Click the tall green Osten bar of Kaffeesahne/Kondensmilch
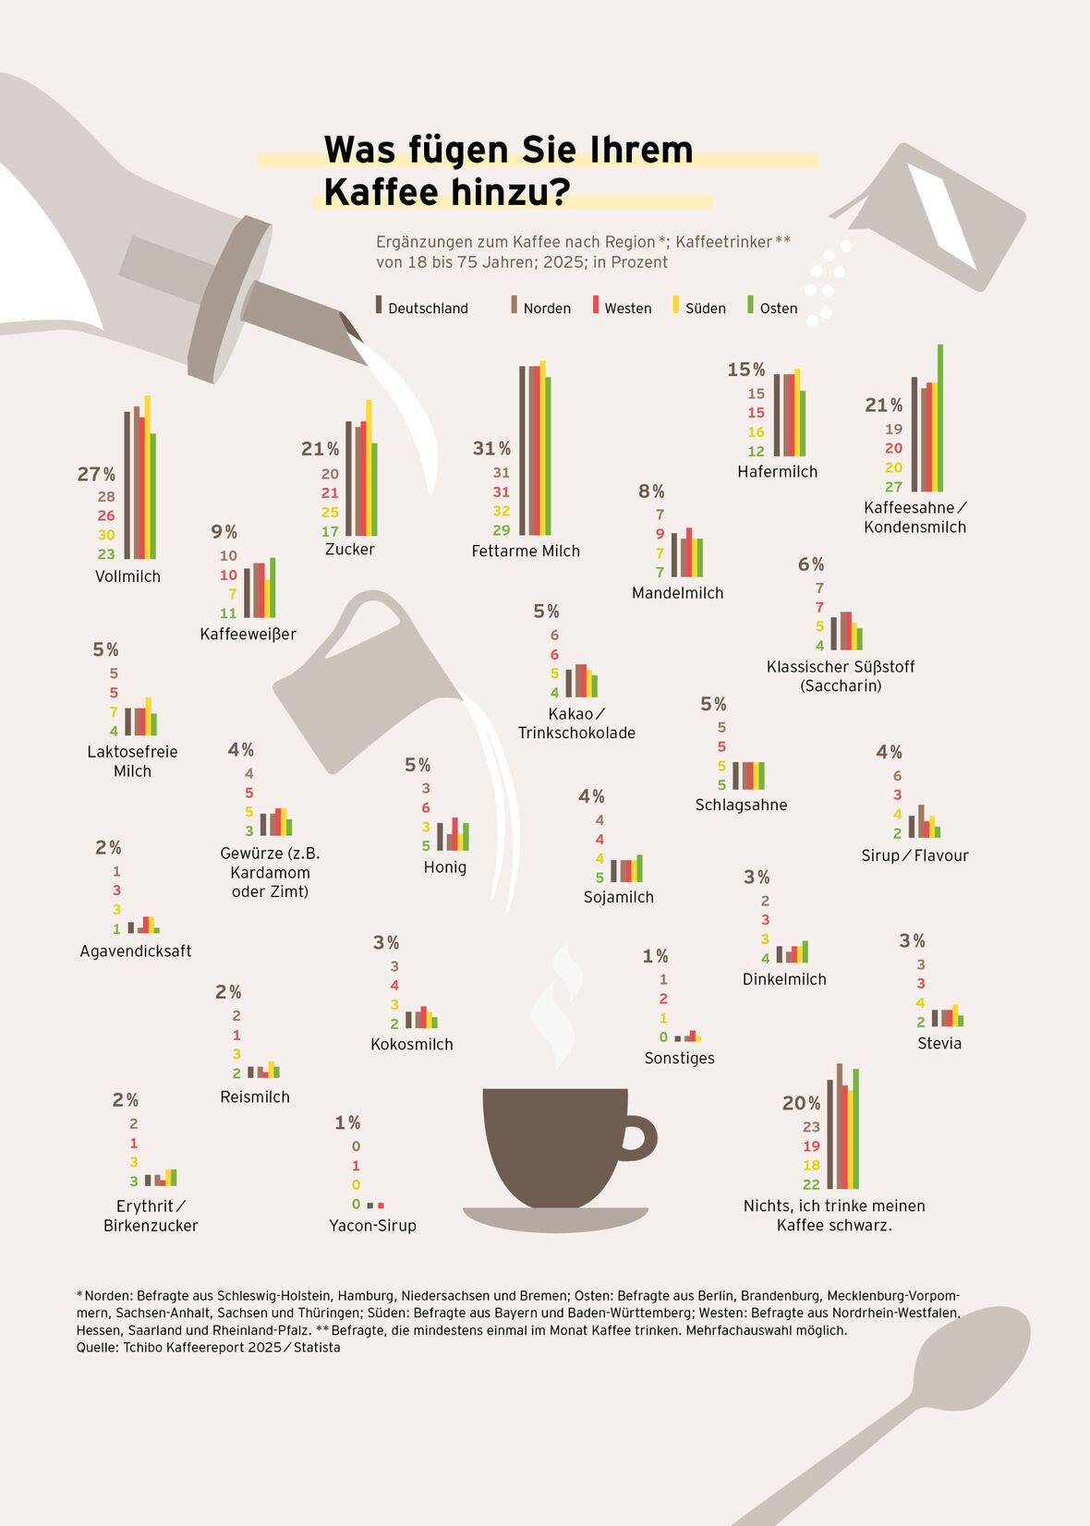click(x=940, y=418)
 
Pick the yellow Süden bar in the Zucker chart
click(x=369, y=467)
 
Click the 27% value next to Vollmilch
click(x=96, y=474)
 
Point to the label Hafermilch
click(x=777, y=472)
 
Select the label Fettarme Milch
click(x=526, y=551)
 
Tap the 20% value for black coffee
click(x=801, y=1103)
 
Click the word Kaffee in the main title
click(x=380, y=192)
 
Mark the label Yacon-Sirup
click(x=372, y=1226)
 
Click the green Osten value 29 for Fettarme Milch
click(x=501, y=530)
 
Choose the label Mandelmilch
click(x=677, y=593)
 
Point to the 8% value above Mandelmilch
click(x=651, y=491)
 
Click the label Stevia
click(x=939, y=1044)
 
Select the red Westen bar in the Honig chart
click(x=454, y=834)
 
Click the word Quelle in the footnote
click(x=96, y=1348)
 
